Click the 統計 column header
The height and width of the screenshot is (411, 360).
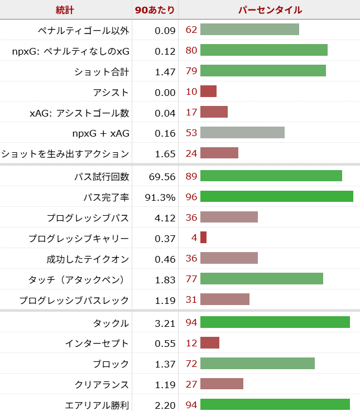pyautogui.click(x=65, y=10)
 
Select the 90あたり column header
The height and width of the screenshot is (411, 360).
pyautogui.click(x=155, y=10)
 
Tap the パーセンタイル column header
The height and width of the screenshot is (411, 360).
pyautogui.click(x=270, y=10)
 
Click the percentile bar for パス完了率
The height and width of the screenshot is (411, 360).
pyautogui.click(x=276, y=196)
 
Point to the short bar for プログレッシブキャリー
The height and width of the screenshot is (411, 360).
pyautogui.click(x=203, y=238)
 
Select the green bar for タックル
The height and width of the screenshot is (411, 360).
pyautogui.click(x=275, y=322)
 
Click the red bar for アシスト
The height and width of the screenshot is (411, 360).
pyautogui.click(x=208, y=91)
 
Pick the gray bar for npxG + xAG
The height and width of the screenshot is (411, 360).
pyautogui.click(x=242, y=133)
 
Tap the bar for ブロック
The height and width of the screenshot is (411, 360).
pyautogui.click(x=257, y=364)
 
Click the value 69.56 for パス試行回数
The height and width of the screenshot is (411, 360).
pyautogui.click(x=162, y=176)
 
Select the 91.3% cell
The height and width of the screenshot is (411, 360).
pyautogui.click(x=162, y=197)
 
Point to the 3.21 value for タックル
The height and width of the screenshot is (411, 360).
pyautogui.click(x=166, y=323)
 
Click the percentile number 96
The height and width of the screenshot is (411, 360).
pyautogui.click(x=191, y=197)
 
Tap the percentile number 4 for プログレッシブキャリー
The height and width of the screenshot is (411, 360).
pyautogui.click(x=194, y=238)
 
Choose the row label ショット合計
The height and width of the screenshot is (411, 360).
pyautogui.click(x=102, y=71)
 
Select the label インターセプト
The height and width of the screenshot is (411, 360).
pyautogui.click(x=97, y=343)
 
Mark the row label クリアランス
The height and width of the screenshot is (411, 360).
pyautogui.click(x=102, y=384)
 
